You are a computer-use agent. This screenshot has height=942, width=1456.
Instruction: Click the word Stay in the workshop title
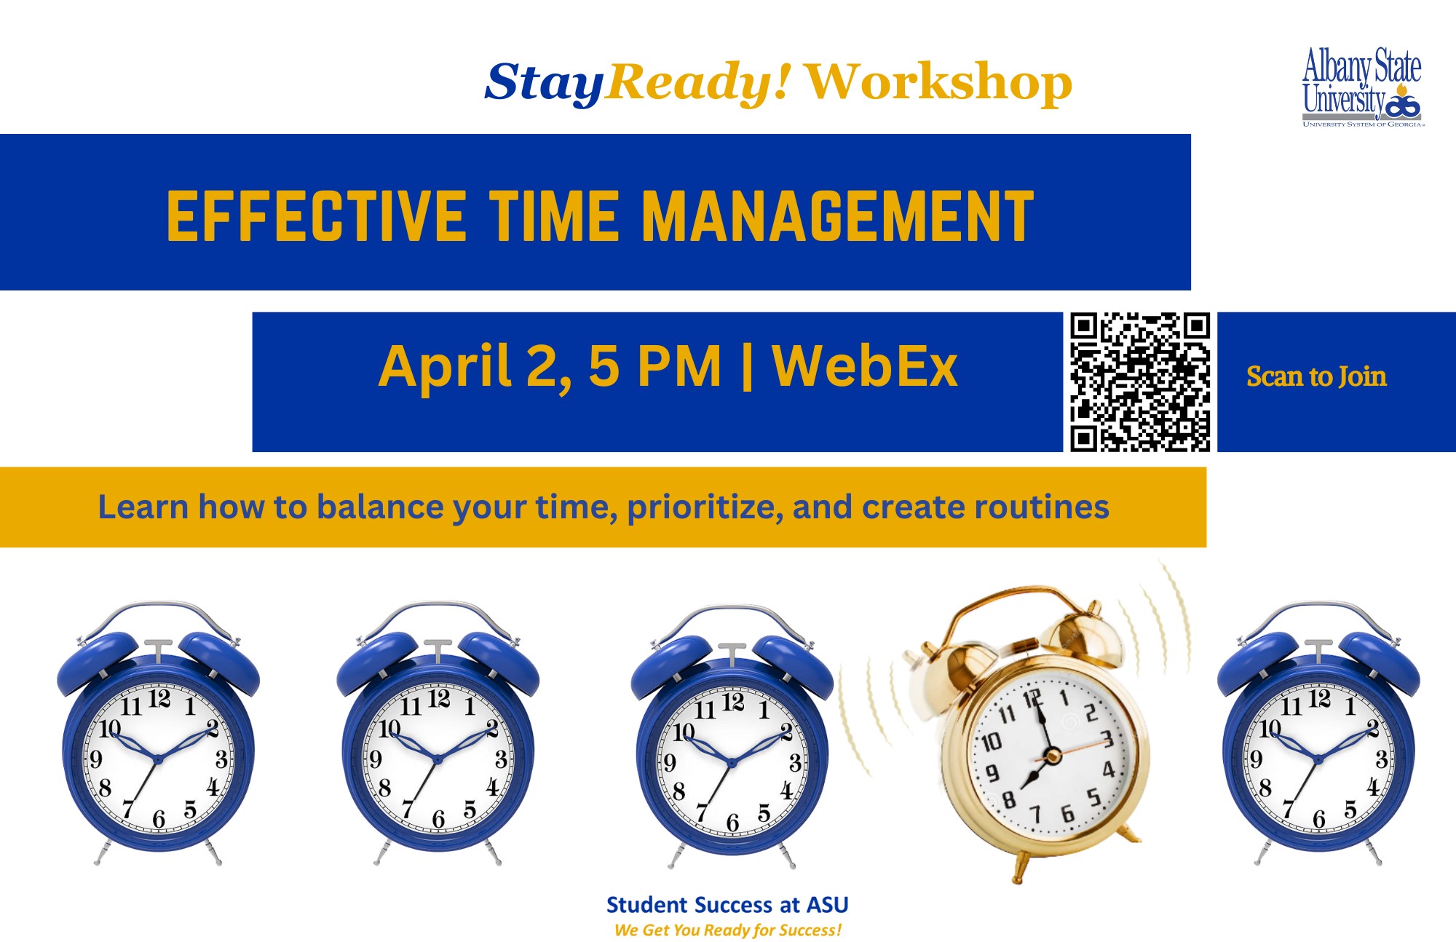(544, 83)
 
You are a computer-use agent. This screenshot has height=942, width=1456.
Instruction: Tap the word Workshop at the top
(938, 82)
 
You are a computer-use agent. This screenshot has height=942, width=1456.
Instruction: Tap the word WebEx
(864, 365)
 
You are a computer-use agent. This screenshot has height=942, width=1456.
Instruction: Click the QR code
(1140, 382)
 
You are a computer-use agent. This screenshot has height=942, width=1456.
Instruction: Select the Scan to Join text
(1316, 376)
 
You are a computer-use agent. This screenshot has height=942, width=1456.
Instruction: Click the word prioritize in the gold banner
(705, 507)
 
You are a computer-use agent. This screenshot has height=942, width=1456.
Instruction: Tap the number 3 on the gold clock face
(1107, 740)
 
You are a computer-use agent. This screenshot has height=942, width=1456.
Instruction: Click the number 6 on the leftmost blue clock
(159, 819)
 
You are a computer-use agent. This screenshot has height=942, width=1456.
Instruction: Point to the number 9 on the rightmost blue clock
(1256, 759)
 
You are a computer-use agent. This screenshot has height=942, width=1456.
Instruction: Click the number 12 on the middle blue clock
(733, 702)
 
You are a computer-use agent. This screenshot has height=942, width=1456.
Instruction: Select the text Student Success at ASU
(727, 905)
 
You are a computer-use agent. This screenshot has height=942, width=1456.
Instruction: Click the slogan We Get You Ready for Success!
(727, 930)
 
